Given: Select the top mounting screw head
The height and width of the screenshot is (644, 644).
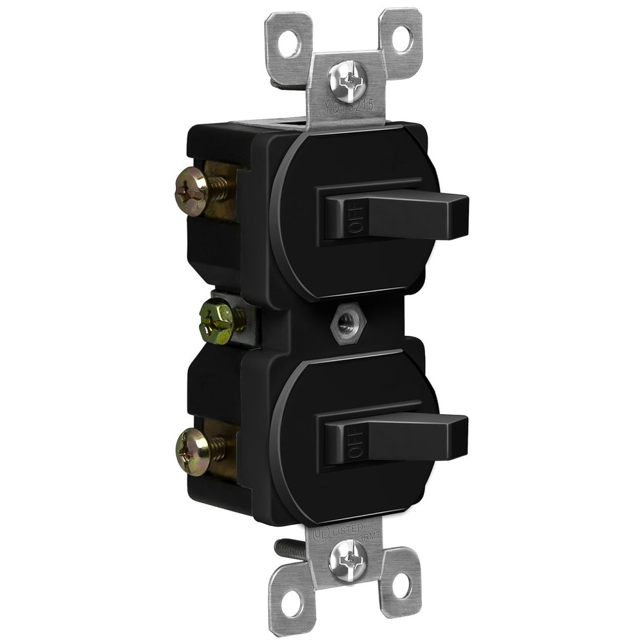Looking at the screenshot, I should pos(347,81).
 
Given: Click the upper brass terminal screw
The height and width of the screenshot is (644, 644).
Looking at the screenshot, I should pos(192,191).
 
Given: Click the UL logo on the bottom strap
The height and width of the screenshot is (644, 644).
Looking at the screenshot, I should pos(319,534).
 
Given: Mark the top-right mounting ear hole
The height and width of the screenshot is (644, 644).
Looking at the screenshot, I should pos(401,38).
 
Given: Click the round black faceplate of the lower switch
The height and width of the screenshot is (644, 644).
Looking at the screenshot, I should pos(361,489).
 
